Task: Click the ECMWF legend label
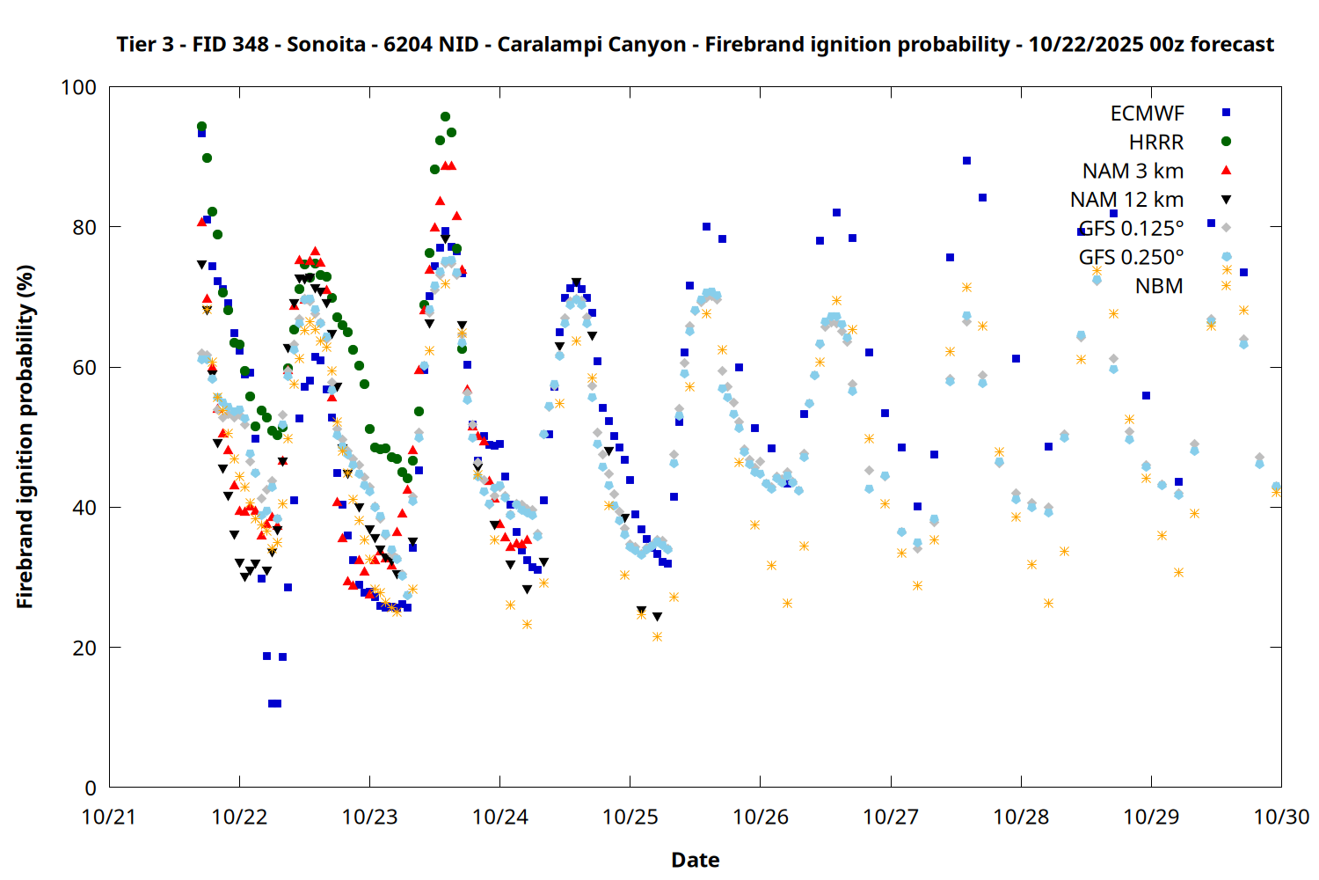1147,114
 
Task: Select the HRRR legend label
1156,143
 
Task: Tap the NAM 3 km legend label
1133,171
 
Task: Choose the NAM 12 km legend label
1126,200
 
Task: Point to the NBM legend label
1159,286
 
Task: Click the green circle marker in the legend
1226,142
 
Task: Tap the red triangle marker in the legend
1226,170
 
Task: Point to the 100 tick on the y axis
78,87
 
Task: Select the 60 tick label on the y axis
84,368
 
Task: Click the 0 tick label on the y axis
91,788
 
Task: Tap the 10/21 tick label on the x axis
109,817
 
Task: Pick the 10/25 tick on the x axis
630,817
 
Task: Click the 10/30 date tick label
1281,817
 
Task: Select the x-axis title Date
695,860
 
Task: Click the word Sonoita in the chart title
325,44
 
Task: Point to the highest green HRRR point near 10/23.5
445,116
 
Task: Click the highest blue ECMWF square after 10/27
966,160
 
